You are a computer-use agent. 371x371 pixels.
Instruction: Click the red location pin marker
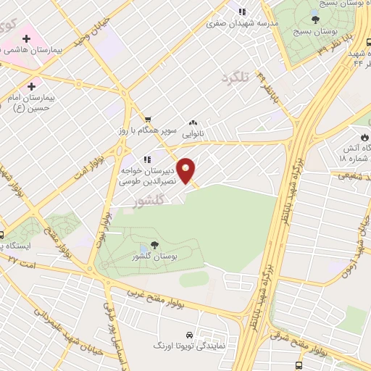pyautogui.click(x=187, y=170)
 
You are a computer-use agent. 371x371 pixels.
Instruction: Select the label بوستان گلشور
pyautogui.click(x=152, y=258)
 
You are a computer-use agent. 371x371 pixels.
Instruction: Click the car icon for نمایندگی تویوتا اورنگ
pyautogui.click(x=188, y=335)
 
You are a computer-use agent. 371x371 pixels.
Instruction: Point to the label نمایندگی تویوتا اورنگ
pyautogui.click(x=189, y=347)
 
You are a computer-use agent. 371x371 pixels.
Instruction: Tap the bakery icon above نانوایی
pyautogui.click(x=193, y=123)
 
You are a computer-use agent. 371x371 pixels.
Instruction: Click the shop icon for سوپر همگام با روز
pyautogui.click(x=148, y=120)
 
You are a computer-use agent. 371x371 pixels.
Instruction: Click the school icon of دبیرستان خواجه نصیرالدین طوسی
pyautogui.click(x=147, y=159)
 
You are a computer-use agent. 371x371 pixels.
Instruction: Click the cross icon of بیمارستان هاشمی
pyautogui.click(x=26, y=37)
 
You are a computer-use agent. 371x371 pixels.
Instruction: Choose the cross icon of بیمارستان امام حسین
pyautogui.click(x=31, y=86)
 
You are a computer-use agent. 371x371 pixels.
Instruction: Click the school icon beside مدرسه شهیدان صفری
pyautogui.click(x=242, y=11)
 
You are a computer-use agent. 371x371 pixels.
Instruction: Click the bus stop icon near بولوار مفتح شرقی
pyautogui.click(x=299, y=367)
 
